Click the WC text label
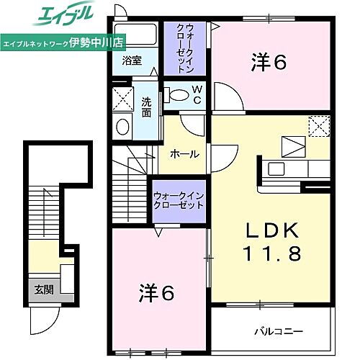click(196, 94)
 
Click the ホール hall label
click(184, 154)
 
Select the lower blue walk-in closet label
click(178, 200)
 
